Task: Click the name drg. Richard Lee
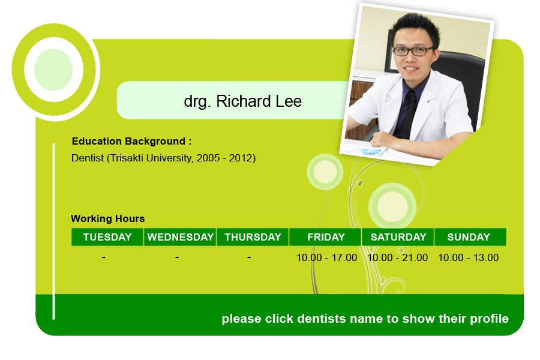click(x=243, y=101)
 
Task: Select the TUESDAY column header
click(x=107, y=237)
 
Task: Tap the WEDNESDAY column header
click(x=180, y=237)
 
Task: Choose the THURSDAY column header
click(x=253, y=237)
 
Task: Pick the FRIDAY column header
click(x=325, y=237)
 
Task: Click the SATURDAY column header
click(x=398, y=237)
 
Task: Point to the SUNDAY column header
click(x=470, y=237)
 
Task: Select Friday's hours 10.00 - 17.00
click(x=326, y=257)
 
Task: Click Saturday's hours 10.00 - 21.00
click(x=397, y=257)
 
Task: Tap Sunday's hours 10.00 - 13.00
click(x=469, y=257)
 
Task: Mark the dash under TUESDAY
click(x=104, y=257)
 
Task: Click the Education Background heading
click(x=131, y=141)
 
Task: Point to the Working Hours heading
click(x=108, y=218)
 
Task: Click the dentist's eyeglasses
click(x=413, y=51)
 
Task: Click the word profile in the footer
click(x=490, y=319)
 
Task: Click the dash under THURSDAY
click(x=249, y=257)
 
